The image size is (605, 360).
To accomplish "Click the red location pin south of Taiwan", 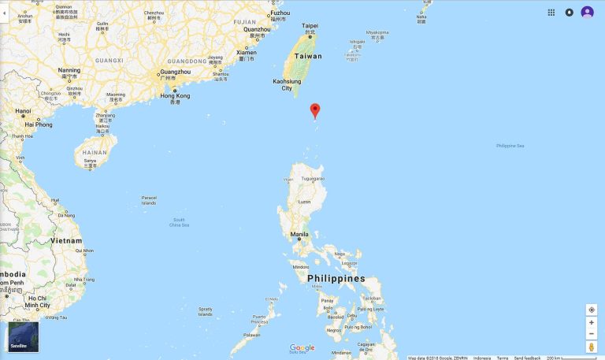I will (x=315, y=109).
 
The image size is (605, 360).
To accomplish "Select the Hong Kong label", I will (x=175, y=96).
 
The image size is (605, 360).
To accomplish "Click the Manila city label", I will (x=299, y=234).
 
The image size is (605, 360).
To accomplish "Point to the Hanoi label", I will (x=23, y=111).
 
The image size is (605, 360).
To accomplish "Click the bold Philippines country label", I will (x=336, y=279).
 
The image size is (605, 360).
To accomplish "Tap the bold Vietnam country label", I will (x=65, y=239).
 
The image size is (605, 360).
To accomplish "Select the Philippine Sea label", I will (x=510, y=146).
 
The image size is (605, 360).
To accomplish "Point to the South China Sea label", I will (x=180, y=222).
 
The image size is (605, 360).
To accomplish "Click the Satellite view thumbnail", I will (x=24, y=336).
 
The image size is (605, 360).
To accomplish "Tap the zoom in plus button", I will (x=591, y=322).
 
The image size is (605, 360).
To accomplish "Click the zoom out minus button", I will (x=591, y=334).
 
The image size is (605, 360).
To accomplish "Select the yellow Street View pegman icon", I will (x=591, y=347).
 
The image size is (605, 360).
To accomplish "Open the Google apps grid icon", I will (x=551, y=12).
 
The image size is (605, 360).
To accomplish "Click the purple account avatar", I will (x=587, y=12).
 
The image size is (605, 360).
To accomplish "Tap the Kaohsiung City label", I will (x=287, y=84).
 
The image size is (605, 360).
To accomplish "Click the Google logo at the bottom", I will (x=302, y=347).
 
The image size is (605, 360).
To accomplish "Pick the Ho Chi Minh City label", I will (x=37, y=301).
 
